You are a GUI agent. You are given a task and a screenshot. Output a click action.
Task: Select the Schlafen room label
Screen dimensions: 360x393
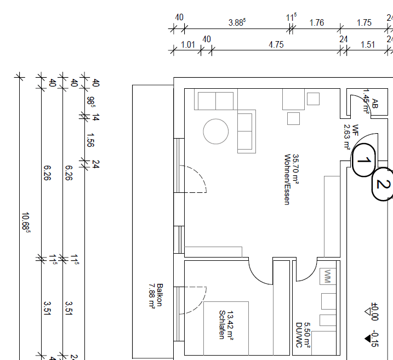click(221, 324)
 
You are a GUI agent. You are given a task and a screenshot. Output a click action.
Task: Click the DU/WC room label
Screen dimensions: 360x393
click(299, 335)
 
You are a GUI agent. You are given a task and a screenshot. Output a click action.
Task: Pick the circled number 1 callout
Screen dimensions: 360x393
click(363, 161)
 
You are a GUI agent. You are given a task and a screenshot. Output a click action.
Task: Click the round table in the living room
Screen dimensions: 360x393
click(215, 132)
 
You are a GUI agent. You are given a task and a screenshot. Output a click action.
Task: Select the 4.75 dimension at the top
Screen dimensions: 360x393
click(276, 45)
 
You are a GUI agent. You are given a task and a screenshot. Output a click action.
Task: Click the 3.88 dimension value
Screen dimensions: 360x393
click(237, 22)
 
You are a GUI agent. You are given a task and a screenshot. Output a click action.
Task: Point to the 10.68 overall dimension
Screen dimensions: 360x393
click(25, 222)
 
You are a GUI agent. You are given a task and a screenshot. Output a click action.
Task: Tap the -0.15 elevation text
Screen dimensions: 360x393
click(374, 340)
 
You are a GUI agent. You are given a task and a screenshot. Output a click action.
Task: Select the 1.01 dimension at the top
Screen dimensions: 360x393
click(187, 45)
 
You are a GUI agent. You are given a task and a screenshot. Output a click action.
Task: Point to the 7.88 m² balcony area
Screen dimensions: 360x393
click(151, 296)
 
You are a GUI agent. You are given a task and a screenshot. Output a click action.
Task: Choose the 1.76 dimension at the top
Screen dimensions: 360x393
click(317, 22)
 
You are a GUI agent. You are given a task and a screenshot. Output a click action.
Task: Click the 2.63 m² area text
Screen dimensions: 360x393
click(346, 137)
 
